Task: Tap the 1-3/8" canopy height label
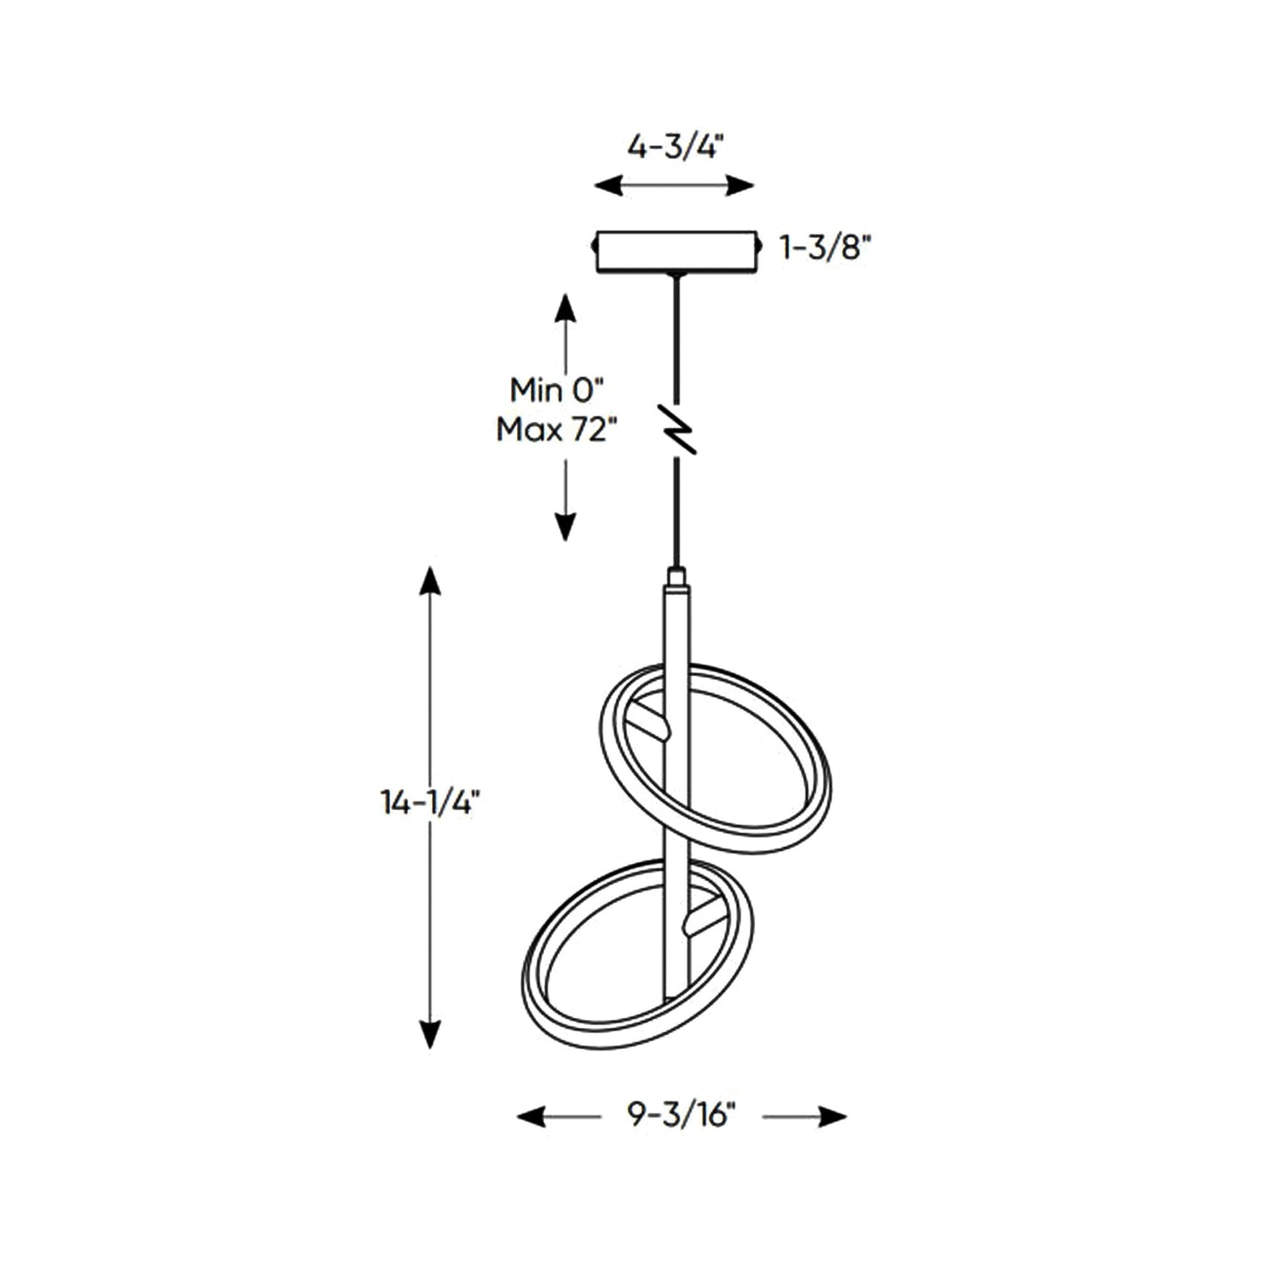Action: [826, 249]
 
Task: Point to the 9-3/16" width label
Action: [681, 1114]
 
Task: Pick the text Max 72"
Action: [556, 429]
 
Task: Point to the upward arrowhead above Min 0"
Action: [566, 309]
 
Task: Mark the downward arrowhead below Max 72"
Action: [566, 527]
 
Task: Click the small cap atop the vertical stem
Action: [676, 577]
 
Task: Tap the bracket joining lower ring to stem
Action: [702, 920]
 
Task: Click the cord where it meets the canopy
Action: [675, 276]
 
